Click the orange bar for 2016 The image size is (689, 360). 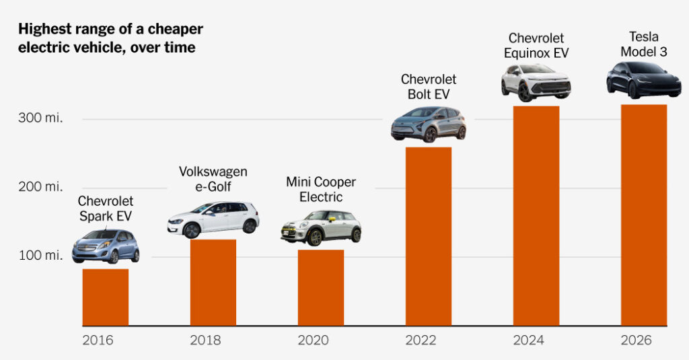coord(105,297)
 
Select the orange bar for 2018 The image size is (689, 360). coord(213,283)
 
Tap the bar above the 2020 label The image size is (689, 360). coord(320,288)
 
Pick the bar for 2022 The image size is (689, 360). coord(428,237)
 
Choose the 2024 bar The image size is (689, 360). coord(536,216)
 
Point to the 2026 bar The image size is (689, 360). coord(643,215)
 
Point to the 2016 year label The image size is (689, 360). coord(98,340)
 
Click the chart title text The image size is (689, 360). coord(110,38)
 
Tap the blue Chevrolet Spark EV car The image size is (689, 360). coord(106,246)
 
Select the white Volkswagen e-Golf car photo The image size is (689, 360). coord(213,219)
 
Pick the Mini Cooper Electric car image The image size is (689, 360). coord(320,227)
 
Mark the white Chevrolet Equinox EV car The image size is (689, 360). coord(536,82)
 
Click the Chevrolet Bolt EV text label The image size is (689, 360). coord(429,87)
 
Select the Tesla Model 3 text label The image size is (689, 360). coord(643,44)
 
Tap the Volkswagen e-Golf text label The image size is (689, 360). coord(213,178)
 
